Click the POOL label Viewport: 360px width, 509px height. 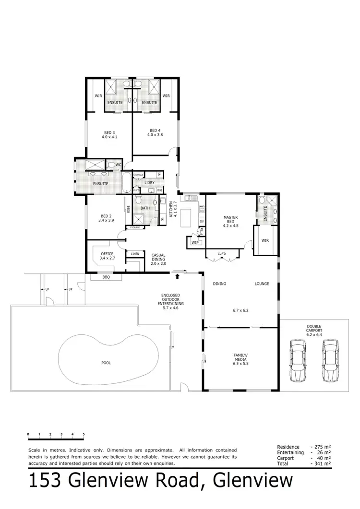pyautogui.click(x=106, y=363)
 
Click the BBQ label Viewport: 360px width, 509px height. pyautogui.click(x=106, y=277)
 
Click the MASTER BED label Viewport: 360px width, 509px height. pyautogui.click(x=230, y=219)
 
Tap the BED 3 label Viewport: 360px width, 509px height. pyautogui.click(x=109, y=132)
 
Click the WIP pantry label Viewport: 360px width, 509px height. pyautogui.click(x=195, y=243)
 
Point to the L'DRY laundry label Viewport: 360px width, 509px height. pyautogui.click(x=149, y=182)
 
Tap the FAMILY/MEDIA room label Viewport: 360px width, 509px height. pyautogui.click(x=241, y=357)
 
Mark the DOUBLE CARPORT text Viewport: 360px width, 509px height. pyautogui.click(x=314, y=329)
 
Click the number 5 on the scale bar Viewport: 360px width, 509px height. pyautogui.click(x=84, y=434)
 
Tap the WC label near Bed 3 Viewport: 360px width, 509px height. pyautogui.click(x=117, y=165)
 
